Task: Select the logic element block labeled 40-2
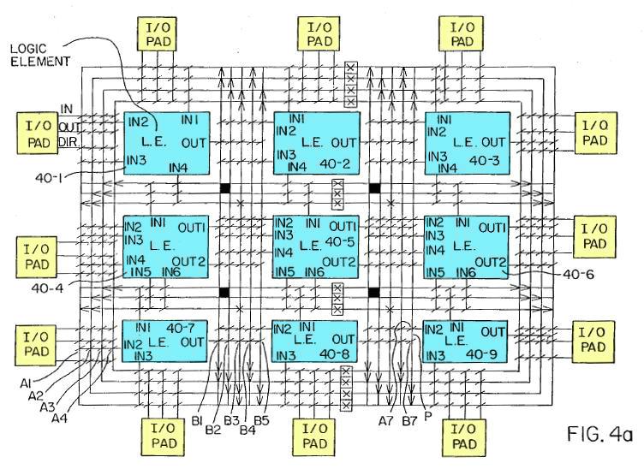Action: [316, 142]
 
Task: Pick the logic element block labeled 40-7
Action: [164, 342]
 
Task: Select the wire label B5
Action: [260, 419]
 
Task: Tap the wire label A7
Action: [387, 420]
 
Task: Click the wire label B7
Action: [408, 420]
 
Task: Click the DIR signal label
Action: [69, 142]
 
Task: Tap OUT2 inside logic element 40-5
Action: [338, 261]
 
